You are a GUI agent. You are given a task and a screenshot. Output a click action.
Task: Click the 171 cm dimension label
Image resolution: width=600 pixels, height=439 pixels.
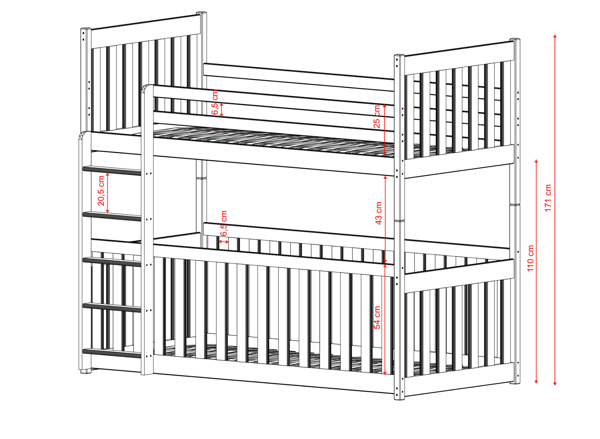[548, 198]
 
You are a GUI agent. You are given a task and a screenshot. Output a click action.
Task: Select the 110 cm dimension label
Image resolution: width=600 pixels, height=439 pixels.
[531, 258]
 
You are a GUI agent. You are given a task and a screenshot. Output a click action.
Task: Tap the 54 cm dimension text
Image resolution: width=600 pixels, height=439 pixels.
[377, 317]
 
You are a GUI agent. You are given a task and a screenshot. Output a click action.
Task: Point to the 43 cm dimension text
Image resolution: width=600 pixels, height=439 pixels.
[379, 213]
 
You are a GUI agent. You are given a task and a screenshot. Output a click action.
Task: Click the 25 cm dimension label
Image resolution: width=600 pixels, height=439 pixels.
[377, 117]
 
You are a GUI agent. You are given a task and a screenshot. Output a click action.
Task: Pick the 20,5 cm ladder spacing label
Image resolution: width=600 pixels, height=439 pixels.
[101, 190]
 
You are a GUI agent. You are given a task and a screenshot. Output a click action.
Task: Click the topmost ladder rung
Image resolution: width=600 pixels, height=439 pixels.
[112, 171]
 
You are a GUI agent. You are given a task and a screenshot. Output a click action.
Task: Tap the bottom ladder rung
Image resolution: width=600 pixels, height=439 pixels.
[112, 353]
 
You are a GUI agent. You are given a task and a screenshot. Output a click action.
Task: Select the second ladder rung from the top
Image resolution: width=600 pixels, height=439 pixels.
[112, 216]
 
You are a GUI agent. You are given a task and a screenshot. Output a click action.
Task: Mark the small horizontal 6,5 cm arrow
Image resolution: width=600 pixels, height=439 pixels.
[224, 242]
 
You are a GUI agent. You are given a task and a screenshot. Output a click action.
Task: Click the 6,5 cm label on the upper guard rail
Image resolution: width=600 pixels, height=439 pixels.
[215, 102]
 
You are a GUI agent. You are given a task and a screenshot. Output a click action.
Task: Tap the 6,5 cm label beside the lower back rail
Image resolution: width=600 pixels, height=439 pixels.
[224, 223]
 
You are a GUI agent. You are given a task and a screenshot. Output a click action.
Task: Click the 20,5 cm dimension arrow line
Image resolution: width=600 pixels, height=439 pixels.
[108, 193]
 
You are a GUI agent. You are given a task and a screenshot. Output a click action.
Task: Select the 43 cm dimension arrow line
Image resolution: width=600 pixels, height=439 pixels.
[385, 219]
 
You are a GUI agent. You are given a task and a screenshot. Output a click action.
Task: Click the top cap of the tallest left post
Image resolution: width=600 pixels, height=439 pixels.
[202, 13]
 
